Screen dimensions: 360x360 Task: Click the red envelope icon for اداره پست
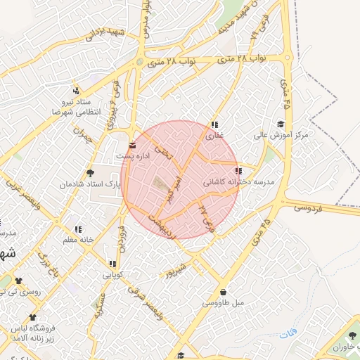coord(132,145)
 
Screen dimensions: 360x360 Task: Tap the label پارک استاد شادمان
coord(90,184)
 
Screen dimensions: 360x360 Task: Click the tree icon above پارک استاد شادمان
coord(90,172)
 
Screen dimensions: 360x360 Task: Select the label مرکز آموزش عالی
coord(282,134)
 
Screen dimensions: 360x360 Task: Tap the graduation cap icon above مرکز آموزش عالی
coord(281,124)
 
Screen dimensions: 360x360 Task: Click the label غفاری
coord(214,135)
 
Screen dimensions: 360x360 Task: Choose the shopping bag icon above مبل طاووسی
coord(224,292)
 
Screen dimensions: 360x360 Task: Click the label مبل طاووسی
coord(223,303)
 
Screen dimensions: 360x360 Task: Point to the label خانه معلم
coord(78,240)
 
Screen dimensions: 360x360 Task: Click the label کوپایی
coord(112,275)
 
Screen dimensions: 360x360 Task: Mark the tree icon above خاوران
coord(351,318)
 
